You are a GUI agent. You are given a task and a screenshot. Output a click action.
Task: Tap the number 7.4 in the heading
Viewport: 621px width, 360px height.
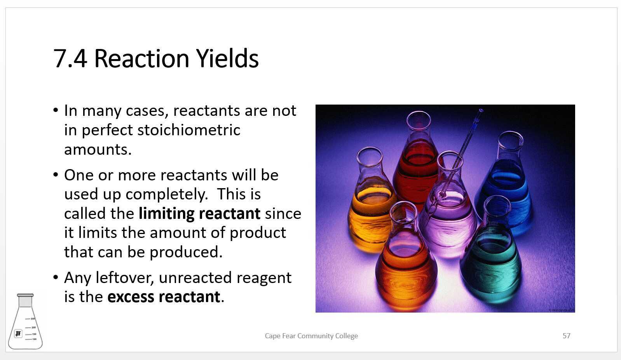click(70, 58)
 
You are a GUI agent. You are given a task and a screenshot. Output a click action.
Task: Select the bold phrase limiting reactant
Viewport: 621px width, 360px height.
click(199, 213)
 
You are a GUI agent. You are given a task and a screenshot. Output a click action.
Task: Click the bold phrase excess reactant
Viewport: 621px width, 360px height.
click(164, 297)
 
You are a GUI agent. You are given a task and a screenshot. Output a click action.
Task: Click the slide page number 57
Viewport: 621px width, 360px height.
click(566, 336)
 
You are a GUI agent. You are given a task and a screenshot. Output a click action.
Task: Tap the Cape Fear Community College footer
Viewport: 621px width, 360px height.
click(311, 336)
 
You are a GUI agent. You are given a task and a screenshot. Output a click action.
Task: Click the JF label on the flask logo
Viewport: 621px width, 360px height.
click(18, 333)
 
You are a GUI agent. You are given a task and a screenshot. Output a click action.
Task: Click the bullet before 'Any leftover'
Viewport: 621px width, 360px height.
click(56, 278)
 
